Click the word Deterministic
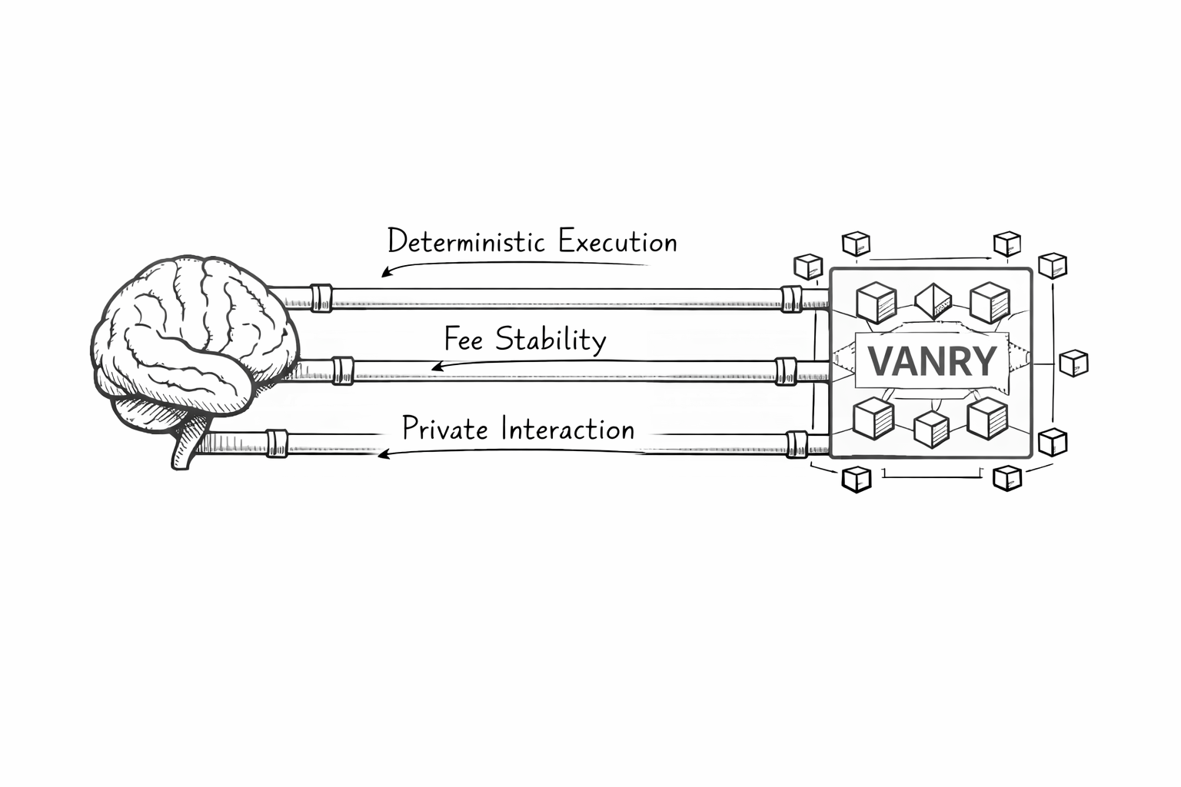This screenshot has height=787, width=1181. (467, 241)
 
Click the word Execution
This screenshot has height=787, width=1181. (617, 242)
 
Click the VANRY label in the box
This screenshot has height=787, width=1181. (931, 361)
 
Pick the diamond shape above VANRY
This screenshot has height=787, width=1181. (933, 301)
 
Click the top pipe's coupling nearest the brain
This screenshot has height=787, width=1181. (321, 297)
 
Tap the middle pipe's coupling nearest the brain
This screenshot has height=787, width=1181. (343, 370)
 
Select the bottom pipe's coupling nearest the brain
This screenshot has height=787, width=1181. (277, 444)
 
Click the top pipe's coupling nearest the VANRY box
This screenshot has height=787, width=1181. (790, 298)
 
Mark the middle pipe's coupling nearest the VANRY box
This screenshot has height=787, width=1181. (786, 371)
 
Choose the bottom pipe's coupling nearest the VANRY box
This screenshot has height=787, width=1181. (797, 445)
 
